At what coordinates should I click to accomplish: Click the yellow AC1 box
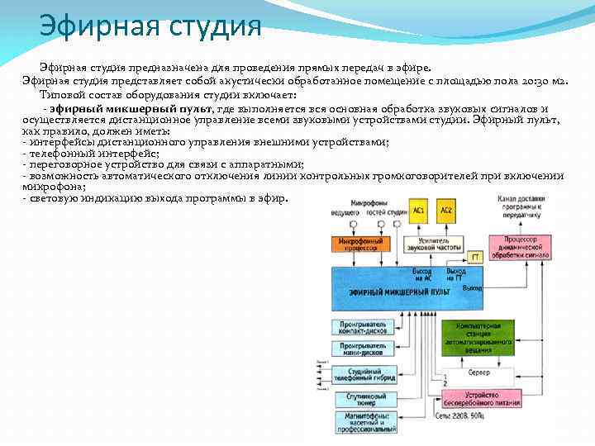420,210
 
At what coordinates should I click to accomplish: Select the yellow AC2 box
446,210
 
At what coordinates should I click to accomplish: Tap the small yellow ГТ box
475,257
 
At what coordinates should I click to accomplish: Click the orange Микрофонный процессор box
361,244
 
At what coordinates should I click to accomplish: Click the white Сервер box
479,373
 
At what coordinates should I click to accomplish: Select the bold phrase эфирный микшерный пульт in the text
132,108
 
